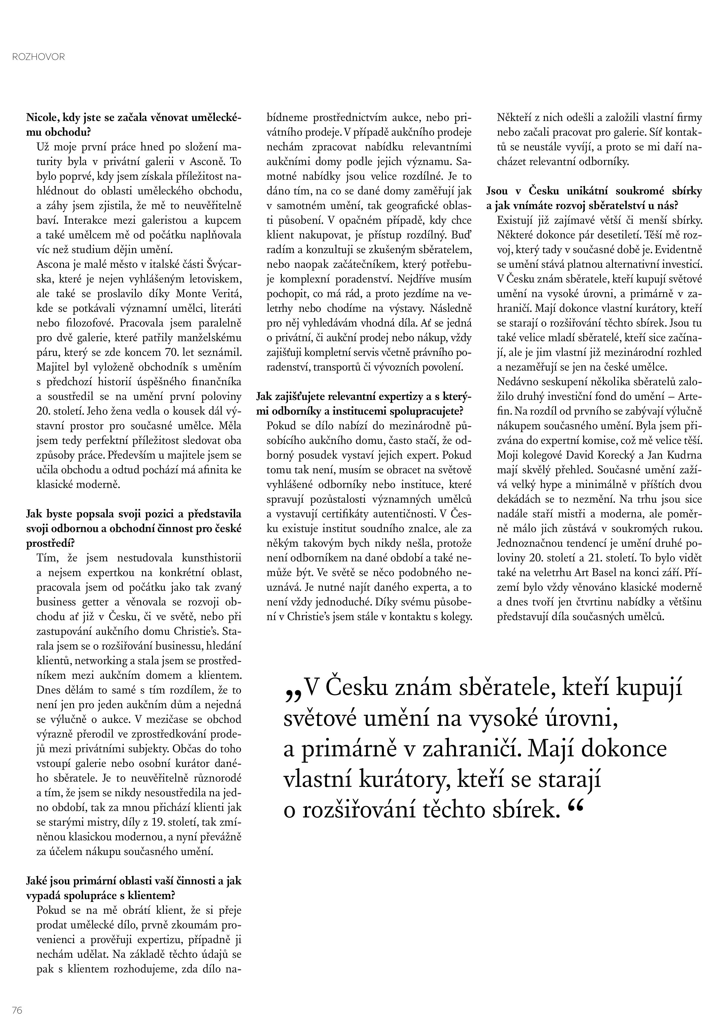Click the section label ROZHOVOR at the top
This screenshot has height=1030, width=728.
(39, 57)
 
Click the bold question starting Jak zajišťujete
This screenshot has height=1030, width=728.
(364, 404)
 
